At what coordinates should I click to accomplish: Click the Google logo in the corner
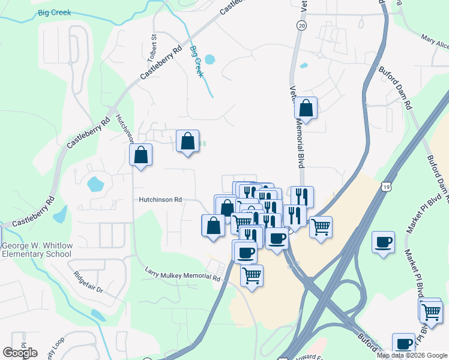pos(20,353)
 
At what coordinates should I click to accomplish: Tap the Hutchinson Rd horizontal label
pos(160,200)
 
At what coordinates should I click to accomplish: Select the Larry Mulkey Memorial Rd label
pos(183,275)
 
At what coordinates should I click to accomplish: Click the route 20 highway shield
pos(301,26)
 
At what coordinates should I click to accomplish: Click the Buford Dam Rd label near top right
pos(394,87)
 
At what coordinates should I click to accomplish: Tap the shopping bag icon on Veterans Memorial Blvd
pos(306,108)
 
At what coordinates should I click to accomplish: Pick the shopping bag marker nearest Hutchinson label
pos(140,155)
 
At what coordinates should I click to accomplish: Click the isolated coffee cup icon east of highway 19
pos(383,242)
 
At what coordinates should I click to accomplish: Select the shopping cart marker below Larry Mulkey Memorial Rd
pos(252,275)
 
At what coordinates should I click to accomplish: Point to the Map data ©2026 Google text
pos(412,355)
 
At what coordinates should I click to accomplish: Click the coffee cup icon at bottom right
pos(404,344)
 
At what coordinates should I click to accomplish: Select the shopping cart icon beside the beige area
pos(321,227)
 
